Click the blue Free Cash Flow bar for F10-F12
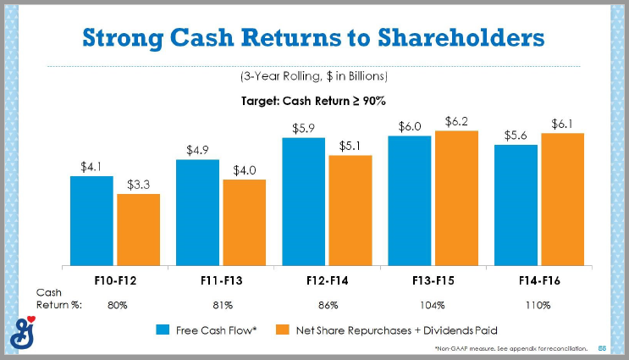pyautogui.click(x=91, y=220)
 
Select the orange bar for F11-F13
pyautogui.click(x=244, y=222)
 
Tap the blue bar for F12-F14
pyautogui.click(x=303, y=201)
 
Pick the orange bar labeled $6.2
pyautogui.click(x=456, y=197)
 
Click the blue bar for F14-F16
pyautogui.click(x=516, y=204)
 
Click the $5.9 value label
pyautogui.click(x=304, y=128)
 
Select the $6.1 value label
pyautogui.click(x=562, y=124)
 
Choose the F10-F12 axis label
pyautogui.click(x=116, y=279)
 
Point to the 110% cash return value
pyautogui.click(x=540, y=304)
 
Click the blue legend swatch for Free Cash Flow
pyautogui.click(x=161, y=329)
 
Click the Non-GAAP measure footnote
pyautogui.click(x=514, y=348)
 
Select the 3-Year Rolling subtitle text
pyautogui.click(x=313, y=76)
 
